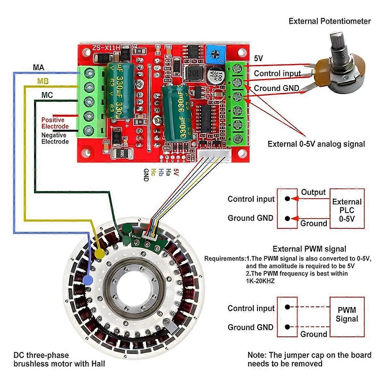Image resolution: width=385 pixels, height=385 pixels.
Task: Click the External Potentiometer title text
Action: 329,21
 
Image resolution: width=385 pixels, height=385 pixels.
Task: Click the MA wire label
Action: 38,68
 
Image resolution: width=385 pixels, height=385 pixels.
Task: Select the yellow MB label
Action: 43,81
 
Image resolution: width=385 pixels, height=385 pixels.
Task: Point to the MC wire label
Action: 47,95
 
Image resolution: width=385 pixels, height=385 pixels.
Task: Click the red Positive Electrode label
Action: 55,123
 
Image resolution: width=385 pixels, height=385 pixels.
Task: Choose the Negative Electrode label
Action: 55,138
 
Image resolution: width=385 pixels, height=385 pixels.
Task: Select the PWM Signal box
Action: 347,314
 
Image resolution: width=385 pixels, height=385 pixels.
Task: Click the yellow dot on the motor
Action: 100,252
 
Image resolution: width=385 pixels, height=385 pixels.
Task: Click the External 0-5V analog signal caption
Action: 316,144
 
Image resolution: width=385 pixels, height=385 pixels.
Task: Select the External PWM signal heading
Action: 309,249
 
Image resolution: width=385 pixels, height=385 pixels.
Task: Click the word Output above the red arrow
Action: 313,193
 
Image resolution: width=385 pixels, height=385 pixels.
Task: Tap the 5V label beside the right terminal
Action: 258,58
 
